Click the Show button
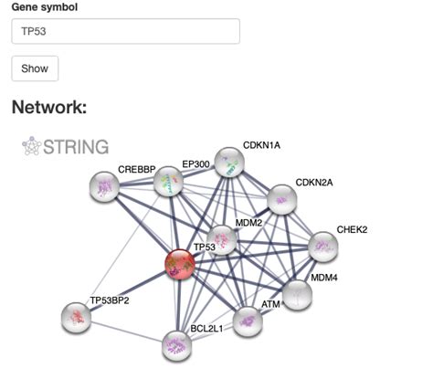point(35,68)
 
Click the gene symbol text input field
point(125,31)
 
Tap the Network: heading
point(48,108)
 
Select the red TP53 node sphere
point(180,266)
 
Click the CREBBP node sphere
point(106,187)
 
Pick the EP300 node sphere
point(167,183)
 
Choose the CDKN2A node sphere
point(281,200)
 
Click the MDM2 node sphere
point(222,240)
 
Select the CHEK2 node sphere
point(322,246)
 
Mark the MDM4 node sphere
point(296,294)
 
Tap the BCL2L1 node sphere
point(177,345)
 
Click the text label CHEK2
point(352,229)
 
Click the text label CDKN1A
point(261,145)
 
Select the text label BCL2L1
point(209,327)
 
